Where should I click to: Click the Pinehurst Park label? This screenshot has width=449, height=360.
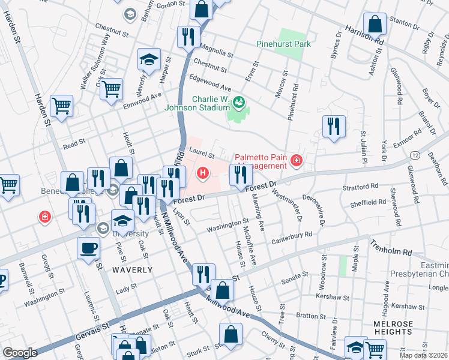[283, 44]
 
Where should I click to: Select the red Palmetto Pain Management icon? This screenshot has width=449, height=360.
[296, 160]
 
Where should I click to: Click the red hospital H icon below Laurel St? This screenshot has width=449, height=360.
[203, 174]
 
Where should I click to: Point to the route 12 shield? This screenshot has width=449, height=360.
[415, 155]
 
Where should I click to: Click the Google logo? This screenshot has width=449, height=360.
[20, 353]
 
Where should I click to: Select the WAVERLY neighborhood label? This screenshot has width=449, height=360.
[132, 270]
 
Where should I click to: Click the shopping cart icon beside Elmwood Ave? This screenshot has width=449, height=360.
[111, 89]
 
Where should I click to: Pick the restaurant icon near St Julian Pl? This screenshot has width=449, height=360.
[333, 126]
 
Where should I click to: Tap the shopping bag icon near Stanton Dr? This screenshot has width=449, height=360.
[375, 25]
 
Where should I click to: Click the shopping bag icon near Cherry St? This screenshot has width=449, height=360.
[231, 334]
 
